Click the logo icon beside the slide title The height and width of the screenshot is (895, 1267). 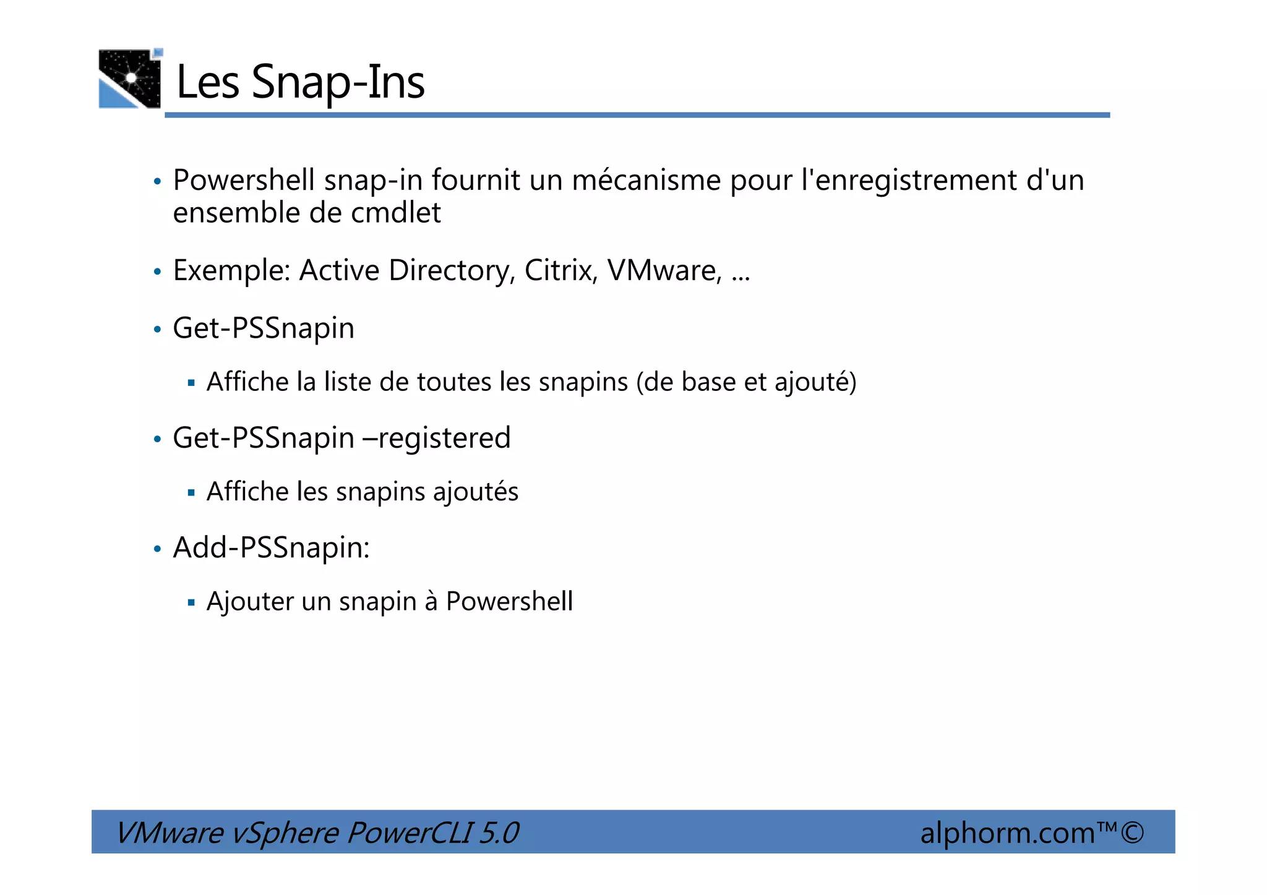coord(130,79)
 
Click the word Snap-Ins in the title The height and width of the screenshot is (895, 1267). coord(338,83)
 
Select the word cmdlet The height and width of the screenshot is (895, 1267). coord(396,213)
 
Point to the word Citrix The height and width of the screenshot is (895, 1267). coord(560,271)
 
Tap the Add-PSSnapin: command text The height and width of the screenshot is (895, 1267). coord(271,548)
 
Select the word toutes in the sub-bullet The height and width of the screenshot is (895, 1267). coord(455,382)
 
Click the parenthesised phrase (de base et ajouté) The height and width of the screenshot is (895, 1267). coord(746,382)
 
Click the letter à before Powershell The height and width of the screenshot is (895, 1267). coord(431,602)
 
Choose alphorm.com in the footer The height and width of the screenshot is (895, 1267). coord(1007,833)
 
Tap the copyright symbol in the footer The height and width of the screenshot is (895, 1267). coord(1132,832)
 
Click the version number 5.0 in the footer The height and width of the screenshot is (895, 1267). coord(499,833)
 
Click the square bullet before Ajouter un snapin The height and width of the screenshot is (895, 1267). coord(191,602)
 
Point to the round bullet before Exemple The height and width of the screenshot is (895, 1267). coord(157,272)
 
